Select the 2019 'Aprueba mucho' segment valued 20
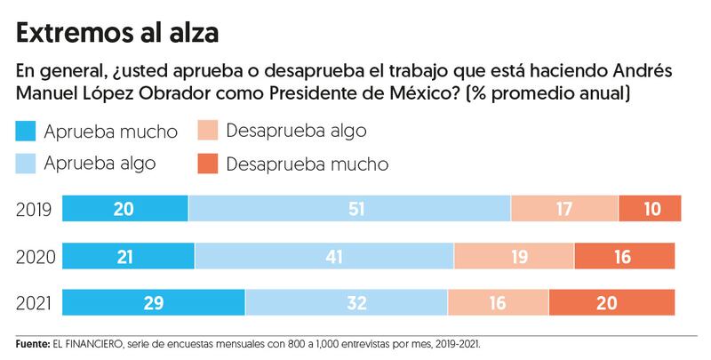click(x=124, y=210)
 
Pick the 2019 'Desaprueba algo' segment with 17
click(x=564, y=210)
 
